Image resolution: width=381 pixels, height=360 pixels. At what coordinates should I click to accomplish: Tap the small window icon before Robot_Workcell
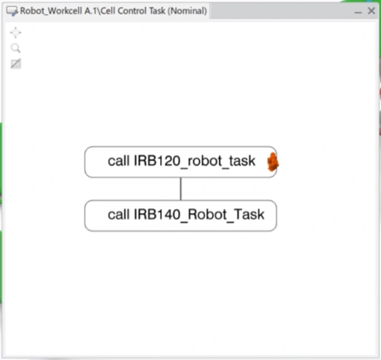(x=12, y=11)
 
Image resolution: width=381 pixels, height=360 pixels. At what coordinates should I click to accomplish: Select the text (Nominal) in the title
(x=186, y=11)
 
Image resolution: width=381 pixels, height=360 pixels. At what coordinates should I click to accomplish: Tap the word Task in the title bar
(x=154, y=11)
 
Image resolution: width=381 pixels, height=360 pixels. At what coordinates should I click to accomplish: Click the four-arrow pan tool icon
(x=16, y=33)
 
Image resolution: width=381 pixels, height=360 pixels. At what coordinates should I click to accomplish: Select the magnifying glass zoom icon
(x=16, y=48)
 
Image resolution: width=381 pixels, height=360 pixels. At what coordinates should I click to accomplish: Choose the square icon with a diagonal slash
(x=16, y=63)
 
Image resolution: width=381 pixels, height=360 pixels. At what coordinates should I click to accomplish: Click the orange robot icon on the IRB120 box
(x=272, y=162)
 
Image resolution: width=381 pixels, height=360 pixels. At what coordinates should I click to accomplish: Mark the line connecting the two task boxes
(x=181, y=188)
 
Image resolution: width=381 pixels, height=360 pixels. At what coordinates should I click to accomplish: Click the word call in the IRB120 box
(x=118, y=161)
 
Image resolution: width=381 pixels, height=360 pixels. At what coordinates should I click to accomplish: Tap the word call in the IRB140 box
(x=118, y=215)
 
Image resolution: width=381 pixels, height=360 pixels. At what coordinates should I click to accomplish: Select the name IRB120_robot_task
(x=195, y=161)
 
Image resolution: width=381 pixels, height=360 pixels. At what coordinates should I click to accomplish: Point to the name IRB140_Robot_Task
(x=199, y=215)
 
